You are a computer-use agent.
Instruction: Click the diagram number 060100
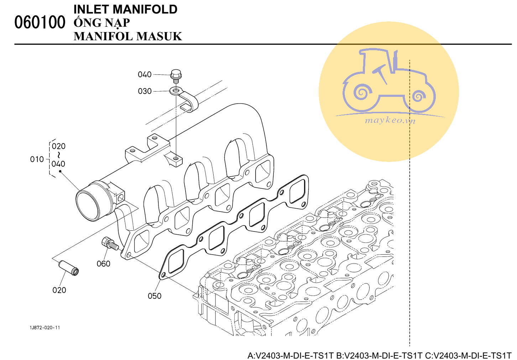[x=40, y=22]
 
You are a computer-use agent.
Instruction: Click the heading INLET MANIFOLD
[x=125, y=9]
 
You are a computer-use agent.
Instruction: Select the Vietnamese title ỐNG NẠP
[x=102, y=23]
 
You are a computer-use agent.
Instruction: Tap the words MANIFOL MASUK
[x=128, y=36]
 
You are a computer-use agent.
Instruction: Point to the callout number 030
[x=145, y=92]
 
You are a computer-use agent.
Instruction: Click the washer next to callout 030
[x=175, y=91]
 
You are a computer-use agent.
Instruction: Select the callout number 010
[x=37, y=160]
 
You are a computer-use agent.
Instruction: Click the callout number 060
[x=103, y=264]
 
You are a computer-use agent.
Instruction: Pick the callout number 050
[x=155, y=296]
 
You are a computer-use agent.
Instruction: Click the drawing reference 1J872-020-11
[x=45, y=328]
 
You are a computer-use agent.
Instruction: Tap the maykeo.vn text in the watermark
[x=390, y=120]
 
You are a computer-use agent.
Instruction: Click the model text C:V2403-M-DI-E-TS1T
[x=468, y=355]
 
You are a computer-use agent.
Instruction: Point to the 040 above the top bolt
[x=145, y=75]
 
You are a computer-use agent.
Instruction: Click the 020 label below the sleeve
[x=59, y=291]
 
